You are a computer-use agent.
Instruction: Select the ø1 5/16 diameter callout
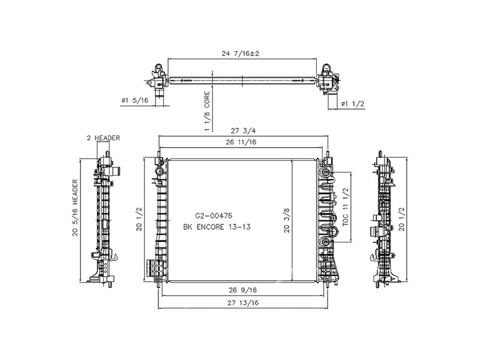click(134, 101)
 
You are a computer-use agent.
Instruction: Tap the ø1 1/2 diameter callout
click(353, 104)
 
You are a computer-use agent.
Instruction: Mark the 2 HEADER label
click(103, 138)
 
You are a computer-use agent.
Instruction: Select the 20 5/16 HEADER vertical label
click(76, 207)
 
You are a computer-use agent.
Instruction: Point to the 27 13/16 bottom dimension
click(242, 304)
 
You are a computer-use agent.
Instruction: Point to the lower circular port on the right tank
click(326, 242)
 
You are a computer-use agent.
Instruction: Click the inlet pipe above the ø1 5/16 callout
click(160, 94)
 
